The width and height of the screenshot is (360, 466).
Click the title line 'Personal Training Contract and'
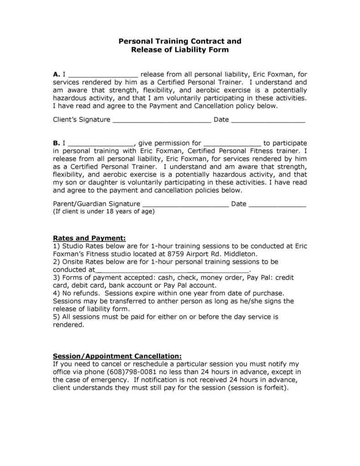(180, 41)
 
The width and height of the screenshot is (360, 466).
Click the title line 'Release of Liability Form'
(180, 50)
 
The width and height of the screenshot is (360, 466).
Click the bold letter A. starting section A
(57, 74)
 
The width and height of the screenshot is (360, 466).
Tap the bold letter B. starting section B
(57, 143)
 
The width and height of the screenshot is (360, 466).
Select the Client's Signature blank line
(162, 121)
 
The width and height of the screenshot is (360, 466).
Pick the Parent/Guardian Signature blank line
(185, 206)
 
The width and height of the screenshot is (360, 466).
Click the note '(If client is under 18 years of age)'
(104, 212)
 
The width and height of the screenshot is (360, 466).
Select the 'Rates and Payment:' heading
(89, 238)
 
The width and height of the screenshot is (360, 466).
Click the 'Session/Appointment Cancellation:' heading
(118, 356)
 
